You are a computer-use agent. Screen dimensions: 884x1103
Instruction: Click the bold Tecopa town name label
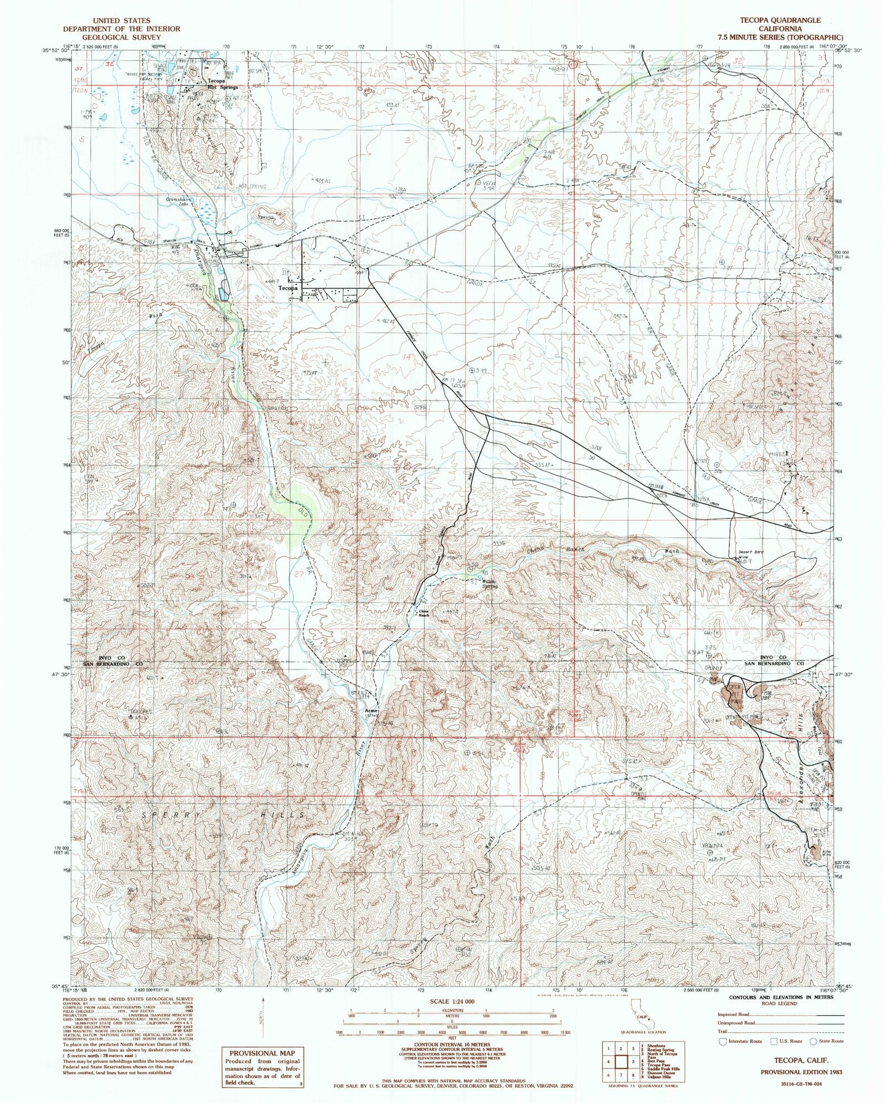(x=288, y=289)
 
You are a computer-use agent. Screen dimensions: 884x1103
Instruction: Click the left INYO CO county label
(x=113, y=658)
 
